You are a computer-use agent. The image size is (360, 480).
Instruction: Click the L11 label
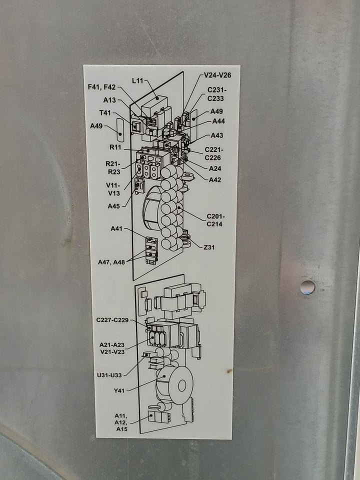pos(137,81)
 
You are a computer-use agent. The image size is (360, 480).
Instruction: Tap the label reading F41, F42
pos(101,87)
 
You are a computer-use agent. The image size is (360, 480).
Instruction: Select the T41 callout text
pos(105,113)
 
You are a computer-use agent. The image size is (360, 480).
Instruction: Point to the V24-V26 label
pos(217,75)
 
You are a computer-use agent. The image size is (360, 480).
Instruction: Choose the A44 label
pos(218,121)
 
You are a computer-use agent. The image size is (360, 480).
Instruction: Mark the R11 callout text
pos(115,147)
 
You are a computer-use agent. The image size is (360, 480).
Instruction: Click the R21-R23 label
pos(113,168)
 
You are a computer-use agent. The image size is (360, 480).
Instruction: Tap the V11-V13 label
pos(113,189)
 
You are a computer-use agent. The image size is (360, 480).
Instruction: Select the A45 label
pos(113,206)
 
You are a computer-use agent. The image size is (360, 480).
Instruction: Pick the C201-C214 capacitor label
pos(216,220)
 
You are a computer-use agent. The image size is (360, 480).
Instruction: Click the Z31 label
pos(209,247)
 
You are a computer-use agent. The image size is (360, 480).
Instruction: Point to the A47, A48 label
pos(111,262)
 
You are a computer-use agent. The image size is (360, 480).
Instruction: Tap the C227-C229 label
pos(112,320)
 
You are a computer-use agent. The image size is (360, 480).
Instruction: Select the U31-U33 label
pos(109,375)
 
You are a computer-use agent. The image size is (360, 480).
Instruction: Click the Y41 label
pos(119,390)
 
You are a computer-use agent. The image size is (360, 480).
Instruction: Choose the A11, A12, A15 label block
pos(121,422)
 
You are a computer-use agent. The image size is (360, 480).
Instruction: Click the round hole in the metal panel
pos(307,287)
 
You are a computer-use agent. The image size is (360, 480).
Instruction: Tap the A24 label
pos(215,168)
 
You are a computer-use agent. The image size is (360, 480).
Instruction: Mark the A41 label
pos(116,228)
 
